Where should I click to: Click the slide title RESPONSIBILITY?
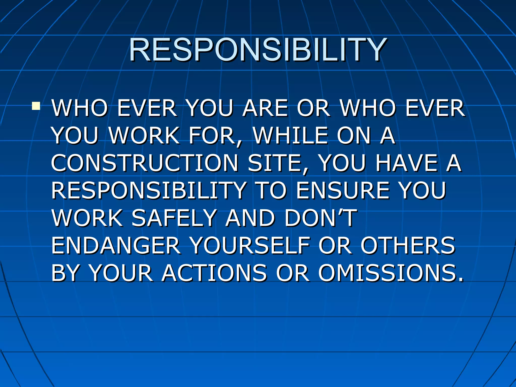(x=257, y=50)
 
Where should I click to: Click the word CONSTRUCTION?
(x=145, y=163)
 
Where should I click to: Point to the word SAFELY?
(x=174, y=218)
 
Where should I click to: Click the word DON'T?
(x=320, y=218)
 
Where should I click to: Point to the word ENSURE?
(x=343, y=190)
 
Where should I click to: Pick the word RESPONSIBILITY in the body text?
(x=149, y=190)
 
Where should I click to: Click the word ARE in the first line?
(x=265, y=108)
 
